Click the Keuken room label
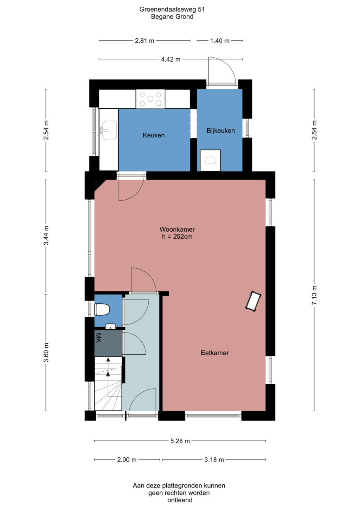(153, 135)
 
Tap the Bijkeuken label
(220, 131)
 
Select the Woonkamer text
(177, 229)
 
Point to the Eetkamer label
(214, 353)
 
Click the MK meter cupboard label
(99, 338)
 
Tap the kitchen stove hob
(150, 99)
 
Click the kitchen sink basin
(109, 130)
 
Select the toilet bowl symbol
(102, 309)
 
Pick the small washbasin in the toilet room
(110, 327)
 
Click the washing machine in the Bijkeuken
(210, 160)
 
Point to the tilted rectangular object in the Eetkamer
(253, 301)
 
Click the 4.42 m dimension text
(171, 59)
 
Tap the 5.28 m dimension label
(180, 441)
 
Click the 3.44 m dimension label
(46, 236)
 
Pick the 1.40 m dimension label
(220, 41)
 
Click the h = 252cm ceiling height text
(177, 237)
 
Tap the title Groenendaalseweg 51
(172, 9)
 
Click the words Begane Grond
(172, 17)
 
